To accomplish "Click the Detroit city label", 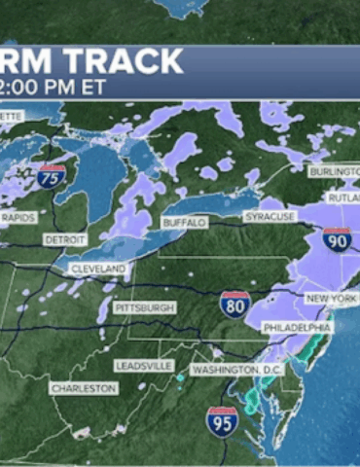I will tap(64, 239).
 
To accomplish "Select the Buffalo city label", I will tap(185, 223).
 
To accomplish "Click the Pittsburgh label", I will tap(144, 307).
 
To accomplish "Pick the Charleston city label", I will tap(84, 388).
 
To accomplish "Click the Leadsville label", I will tap(143, 365).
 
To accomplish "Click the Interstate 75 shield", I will tap(53, 176).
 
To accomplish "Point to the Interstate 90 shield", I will tap(338, 238).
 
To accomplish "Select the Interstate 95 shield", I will tap(222, 420).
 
